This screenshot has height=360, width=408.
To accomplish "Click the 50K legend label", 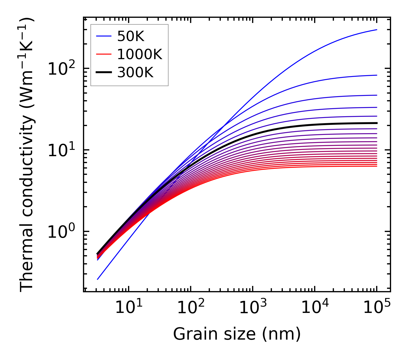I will tap(131, 36).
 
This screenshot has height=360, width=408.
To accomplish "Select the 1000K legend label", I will tap(140, 54).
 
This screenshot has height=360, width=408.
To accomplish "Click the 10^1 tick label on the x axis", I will tap(128, 307).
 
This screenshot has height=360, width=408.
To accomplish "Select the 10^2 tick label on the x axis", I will tap(190, 307).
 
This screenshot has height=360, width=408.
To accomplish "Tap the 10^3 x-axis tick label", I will tap(252, 307).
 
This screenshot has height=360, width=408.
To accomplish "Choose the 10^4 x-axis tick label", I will tap(314, 307).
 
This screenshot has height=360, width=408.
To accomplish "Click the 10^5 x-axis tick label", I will tap(376, 307).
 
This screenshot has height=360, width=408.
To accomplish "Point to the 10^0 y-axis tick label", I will tap(61, 231).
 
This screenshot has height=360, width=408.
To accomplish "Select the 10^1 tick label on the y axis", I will tap(61, 150).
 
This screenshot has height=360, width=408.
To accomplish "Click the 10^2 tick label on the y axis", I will tap(61, 69).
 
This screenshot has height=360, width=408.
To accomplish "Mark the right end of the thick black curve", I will tap(376, 123).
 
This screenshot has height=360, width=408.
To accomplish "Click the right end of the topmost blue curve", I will tap(376, 30).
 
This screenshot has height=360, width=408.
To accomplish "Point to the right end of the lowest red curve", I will tap(376, 166).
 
